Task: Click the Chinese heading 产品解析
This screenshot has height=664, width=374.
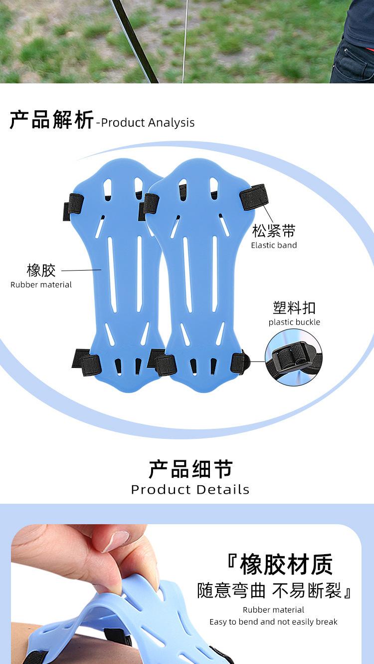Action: tap(51, 121)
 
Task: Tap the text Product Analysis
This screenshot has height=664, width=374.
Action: tap(148, 123)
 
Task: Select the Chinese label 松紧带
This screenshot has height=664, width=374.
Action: tap(274, 231)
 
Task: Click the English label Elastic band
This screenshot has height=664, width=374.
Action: tap(274, 245)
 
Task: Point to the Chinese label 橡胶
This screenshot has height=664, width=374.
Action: tap(41, 270)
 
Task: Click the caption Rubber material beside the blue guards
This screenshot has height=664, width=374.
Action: tap(41, 285)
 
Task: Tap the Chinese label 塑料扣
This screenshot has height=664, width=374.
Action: tap(294, 308)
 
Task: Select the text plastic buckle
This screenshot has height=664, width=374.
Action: tap(294, 322)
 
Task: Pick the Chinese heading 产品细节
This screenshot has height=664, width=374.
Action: tap(190, 469)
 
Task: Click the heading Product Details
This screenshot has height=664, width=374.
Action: tap(190, 489)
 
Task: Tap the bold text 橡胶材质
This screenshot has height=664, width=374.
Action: tap(286, 565)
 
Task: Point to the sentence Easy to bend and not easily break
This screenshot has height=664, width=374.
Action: tap(273, 622)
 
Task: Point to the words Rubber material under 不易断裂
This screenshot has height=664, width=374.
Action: tap(273, 610)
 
